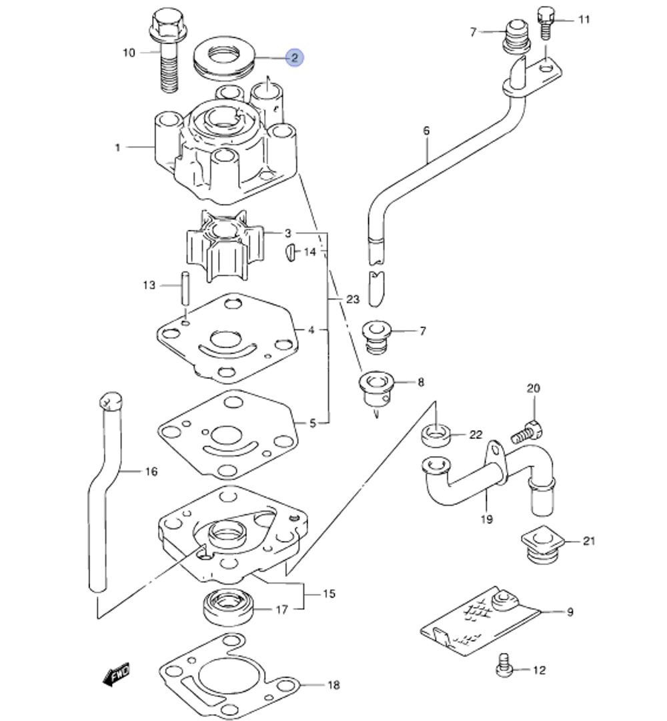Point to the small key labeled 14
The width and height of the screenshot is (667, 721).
(x=291, y=252)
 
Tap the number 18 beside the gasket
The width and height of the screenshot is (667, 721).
(x=333, y=685)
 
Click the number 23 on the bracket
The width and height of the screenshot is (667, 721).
(x=353, y=299)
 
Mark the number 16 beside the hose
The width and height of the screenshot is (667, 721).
(x=151, y=472)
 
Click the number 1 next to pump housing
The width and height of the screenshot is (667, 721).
(x=118, y=147)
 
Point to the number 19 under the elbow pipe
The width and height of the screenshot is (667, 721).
(x=486, y=519)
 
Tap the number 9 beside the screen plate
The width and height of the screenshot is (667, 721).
(x=570, y=612)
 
